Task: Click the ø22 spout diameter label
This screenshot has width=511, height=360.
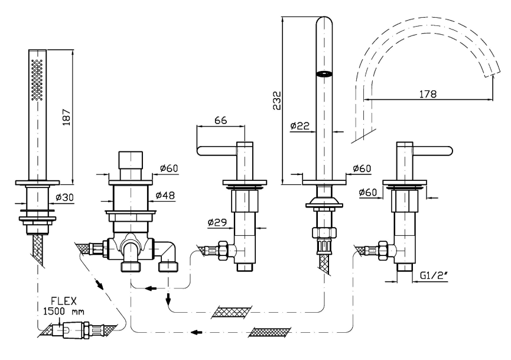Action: pos(301,125)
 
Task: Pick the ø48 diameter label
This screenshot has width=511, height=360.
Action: pos(168,194)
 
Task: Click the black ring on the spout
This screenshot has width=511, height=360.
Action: pos(324,74)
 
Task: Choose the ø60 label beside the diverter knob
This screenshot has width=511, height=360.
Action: pos(168,169)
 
